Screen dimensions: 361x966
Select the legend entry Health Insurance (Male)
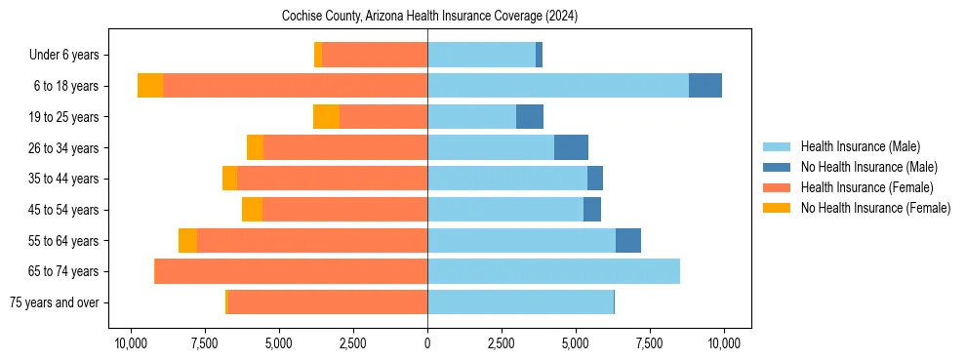click(860, 146)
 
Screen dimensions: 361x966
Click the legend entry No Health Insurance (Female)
click(875, 208)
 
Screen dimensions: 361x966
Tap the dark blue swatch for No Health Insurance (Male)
click(778, 167)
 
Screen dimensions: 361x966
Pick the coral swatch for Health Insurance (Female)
click(778, 187)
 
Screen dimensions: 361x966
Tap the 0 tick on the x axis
click(427, 343)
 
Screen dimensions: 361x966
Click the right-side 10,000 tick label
click(724, 343)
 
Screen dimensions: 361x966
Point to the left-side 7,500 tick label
click(204, 343)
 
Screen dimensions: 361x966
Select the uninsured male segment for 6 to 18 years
click(705, 86)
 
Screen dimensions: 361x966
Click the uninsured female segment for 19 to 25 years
click(326, 117)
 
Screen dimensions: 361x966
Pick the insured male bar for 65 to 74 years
click(553, 271)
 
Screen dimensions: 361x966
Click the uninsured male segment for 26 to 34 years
click(571, 147)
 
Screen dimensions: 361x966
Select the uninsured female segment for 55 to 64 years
click(187, 240)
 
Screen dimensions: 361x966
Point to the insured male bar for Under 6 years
click(481, 55)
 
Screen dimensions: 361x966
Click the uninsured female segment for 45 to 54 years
click(252, 210)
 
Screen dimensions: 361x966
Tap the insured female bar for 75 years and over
click(327, 302)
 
